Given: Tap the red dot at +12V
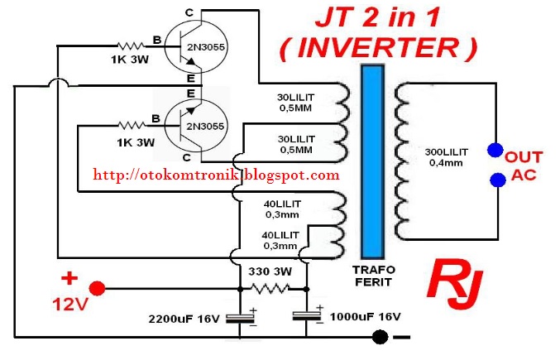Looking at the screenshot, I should pos(97,289).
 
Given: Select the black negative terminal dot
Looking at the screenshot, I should pos(380,337).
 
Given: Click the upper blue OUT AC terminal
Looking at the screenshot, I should pos(495,150).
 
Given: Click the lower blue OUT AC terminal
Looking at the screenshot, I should pos(495,180).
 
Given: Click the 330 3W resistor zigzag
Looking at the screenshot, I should pos(272,288).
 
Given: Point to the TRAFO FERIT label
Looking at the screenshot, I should pos(374,276).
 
